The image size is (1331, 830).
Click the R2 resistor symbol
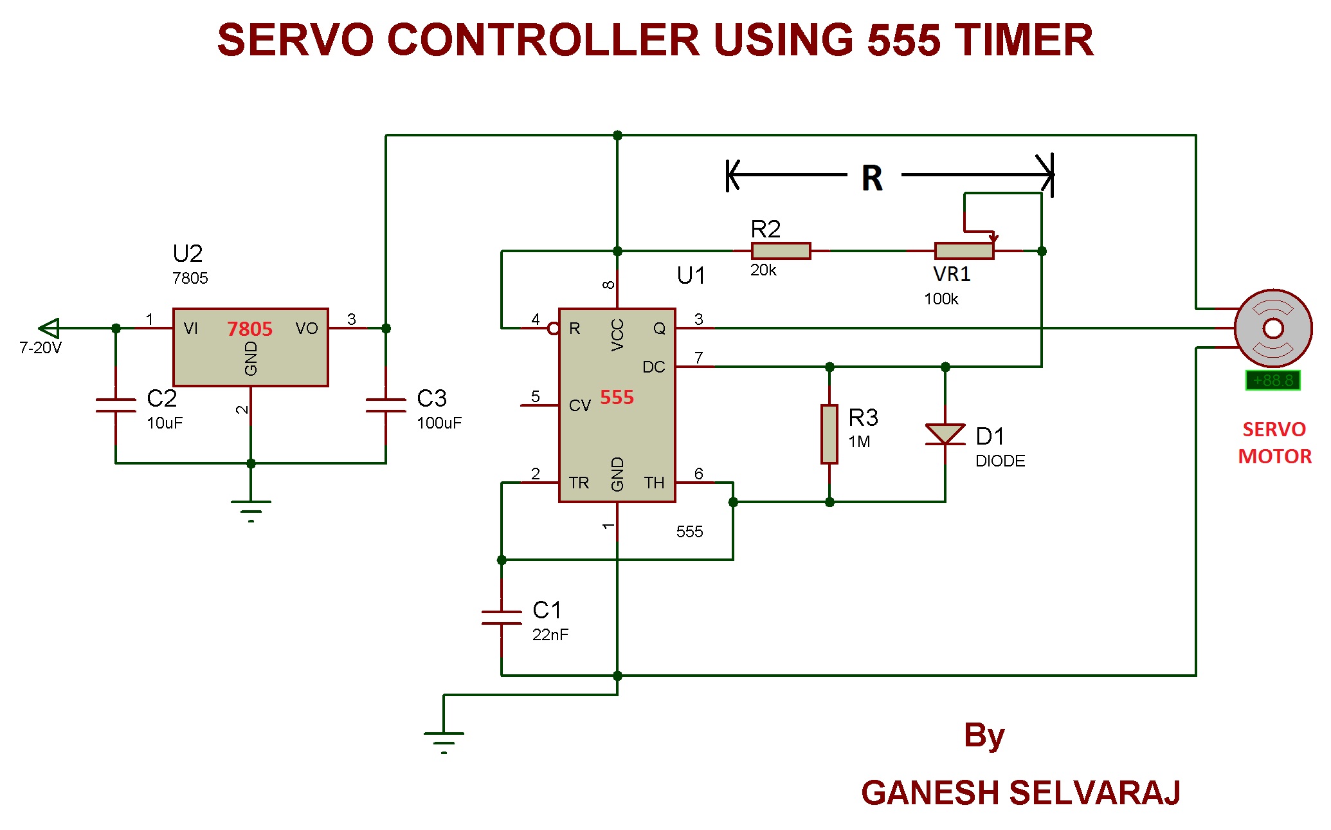click(x=781, y=251)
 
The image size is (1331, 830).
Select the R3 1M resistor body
click(x=829, y=434)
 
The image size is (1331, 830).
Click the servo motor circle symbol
click(x=1273, y=328)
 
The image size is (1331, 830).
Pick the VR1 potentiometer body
click(x=964, y=251)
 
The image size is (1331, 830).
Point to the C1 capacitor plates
click(x=502, y=618)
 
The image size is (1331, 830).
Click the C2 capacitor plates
click(x=116, y=405)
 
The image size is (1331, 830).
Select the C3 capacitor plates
click(x=386, y=405)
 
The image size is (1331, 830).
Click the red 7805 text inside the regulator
click(x=249, y=329)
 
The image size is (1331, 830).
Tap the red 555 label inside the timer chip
click(x=617, y=398)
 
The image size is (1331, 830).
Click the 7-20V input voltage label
click(x=41, y=348)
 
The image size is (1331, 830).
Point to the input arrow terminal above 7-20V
click(x=49, y=328)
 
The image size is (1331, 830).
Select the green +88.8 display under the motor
click(x=1273, y=380)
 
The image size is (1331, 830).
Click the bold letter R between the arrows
click(x=872, y=178)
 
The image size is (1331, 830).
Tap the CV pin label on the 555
click(x=579, y=405)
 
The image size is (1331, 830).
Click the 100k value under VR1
click(x=941, y=299)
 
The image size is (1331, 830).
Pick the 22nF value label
click(x=550, y=635)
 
